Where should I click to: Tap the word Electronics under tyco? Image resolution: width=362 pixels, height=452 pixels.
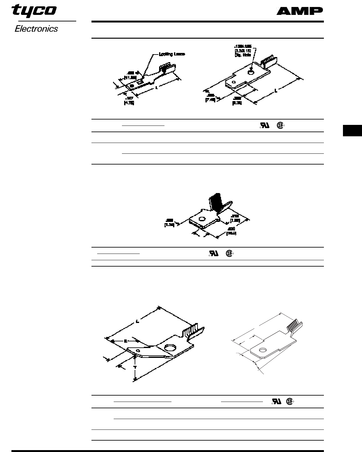36,29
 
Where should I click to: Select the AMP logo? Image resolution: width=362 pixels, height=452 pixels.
299,11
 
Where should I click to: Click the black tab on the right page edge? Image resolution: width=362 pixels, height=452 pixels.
352,131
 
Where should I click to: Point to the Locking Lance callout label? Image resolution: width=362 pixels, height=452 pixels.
171,54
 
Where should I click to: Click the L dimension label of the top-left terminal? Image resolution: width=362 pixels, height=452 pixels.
157,87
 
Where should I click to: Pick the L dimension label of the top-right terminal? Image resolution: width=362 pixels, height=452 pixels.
276,91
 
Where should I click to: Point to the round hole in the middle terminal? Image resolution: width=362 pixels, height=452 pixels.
201,219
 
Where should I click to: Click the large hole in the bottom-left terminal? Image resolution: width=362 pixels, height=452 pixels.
171,348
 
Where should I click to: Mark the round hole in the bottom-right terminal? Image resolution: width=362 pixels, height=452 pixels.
263,350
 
